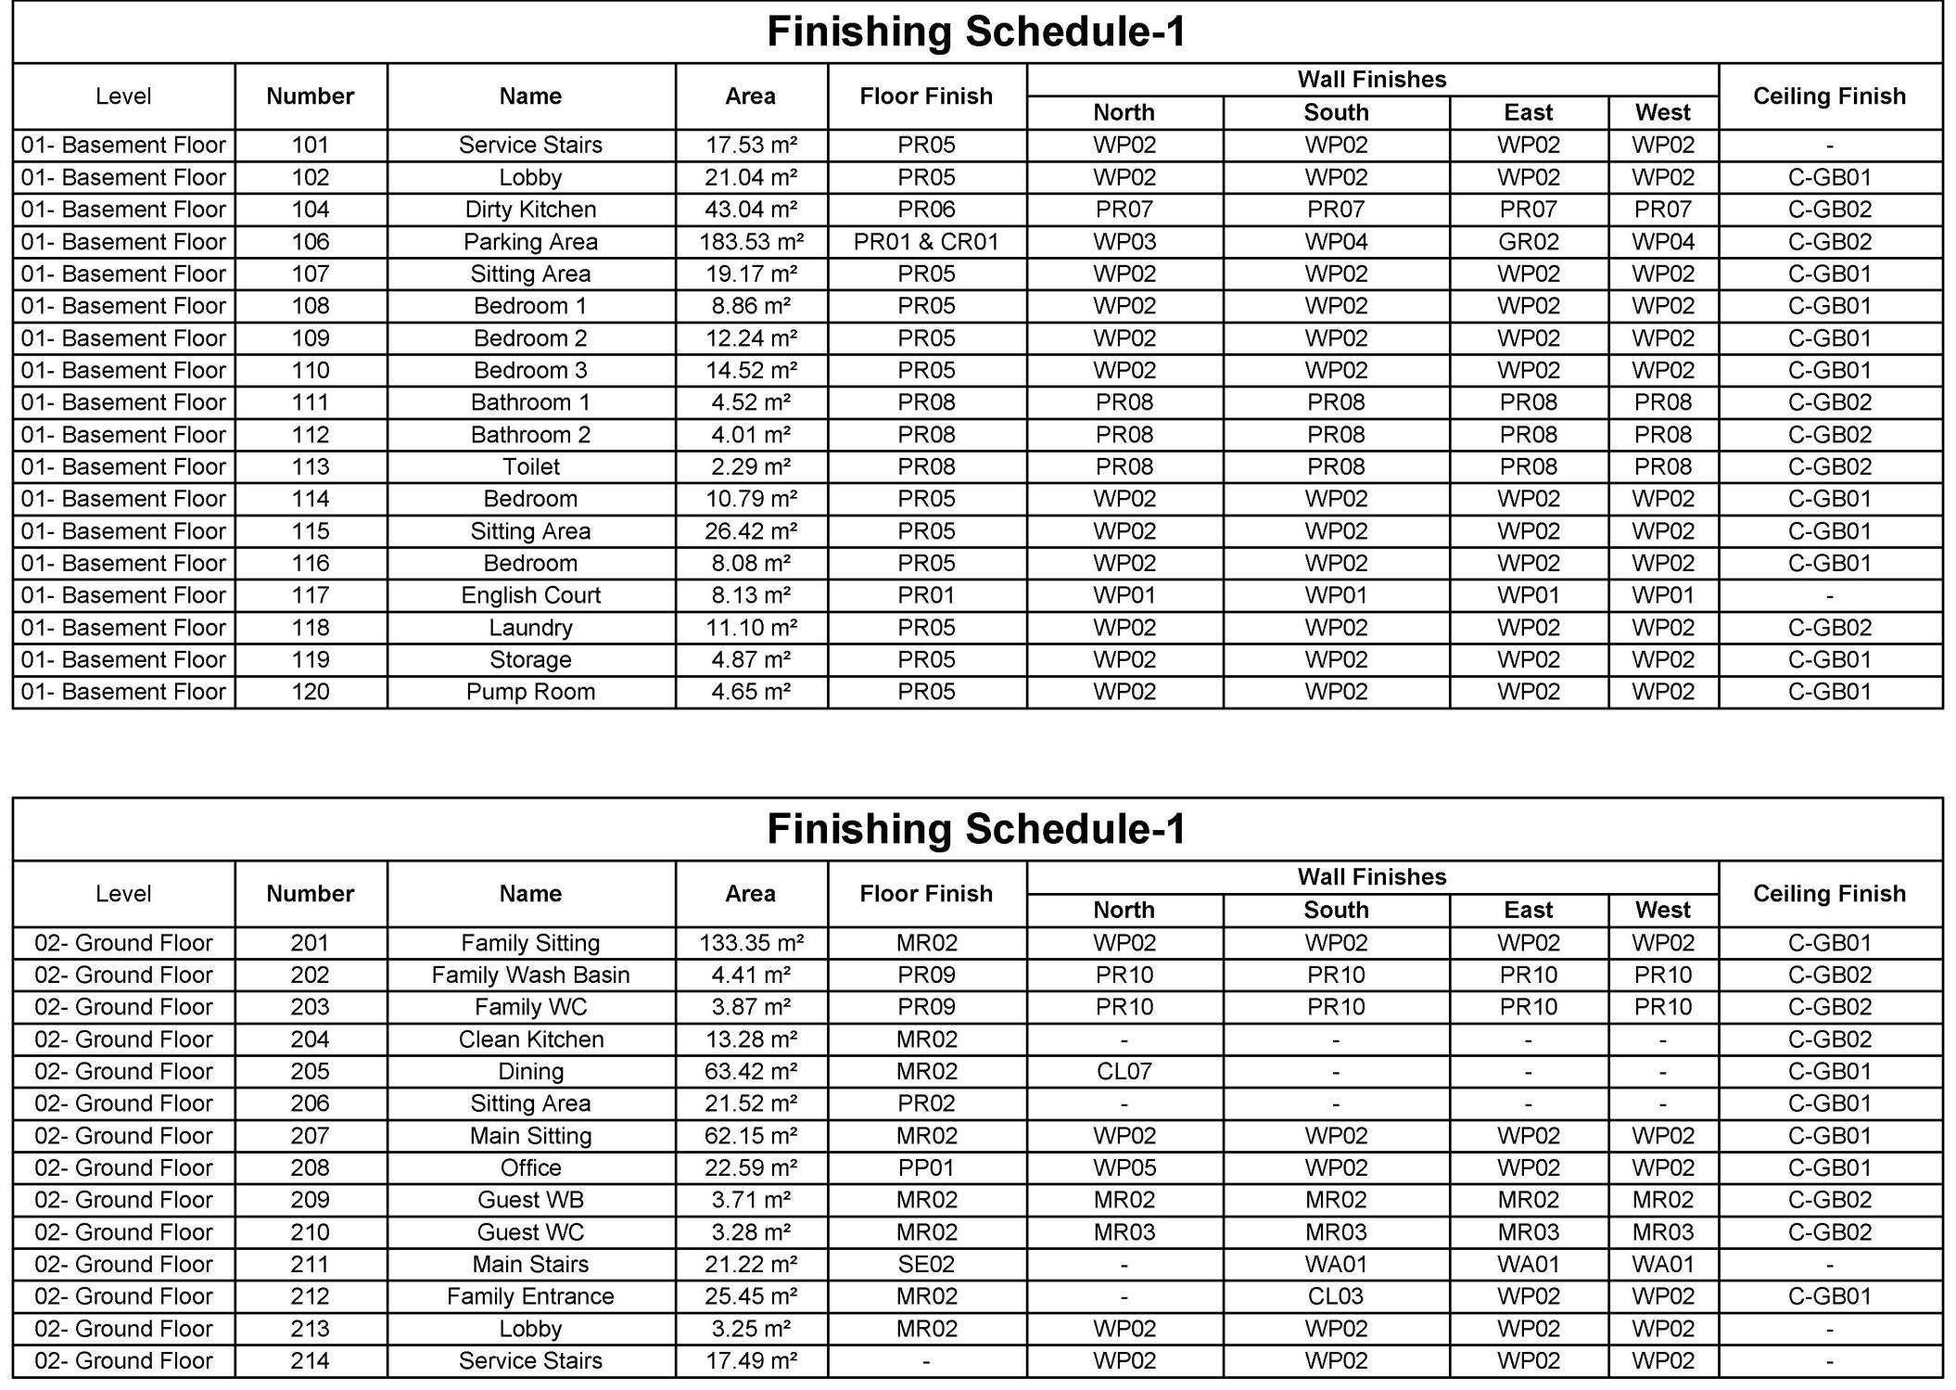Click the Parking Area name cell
[530, 242]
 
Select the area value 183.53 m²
[751, 242]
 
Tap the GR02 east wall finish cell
[1528, 242]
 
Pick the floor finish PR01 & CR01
[926, 242]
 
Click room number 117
[311, 595]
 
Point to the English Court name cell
[530, 595]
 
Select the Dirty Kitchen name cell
[530, 210]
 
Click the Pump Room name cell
[530, 692]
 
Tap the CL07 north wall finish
[1124, 1072]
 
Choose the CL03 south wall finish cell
[1335, 1296]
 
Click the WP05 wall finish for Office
[1124, 1168]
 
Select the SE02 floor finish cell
[926, 1265]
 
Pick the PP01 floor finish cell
[926, 1168]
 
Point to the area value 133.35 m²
[751, 943]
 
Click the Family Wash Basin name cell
[530, 976]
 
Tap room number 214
[311, 1361]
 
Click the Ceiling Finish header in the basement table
[1829, 96]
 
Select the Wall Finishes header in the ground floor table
[1371, 877]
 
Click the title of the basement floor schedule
[976, 32]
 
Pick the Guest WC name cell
[530, 1232]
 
